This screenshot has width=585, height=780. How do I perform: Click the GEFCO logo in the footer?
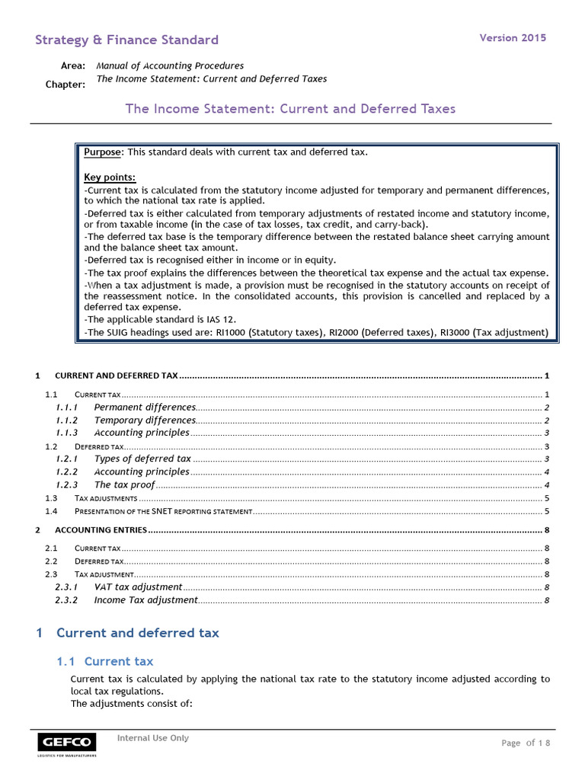[x=67, y=743]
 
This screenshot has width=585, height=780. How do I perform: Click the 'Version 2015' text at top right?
[x=512, y=38]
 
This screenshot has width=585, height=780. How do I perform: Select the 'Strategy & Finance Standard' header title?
[x=126, y=40]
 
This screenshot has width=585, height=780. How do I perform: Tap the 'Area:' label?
[x=73, y=66]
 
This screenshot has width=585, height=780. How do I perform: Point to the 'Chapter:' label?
[x=66, y=84]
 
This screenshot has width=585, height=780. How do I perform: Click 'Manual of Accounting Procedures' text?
[x=170, y=66]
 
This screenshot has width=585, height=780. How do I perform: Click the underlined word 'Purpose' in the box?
[x=102, y=152]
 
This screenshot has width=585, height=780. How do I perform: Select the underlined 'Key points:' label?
[x=109, y=178]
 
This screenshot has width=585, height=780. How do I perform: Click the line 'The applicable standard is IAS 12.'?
[x=161, y=320]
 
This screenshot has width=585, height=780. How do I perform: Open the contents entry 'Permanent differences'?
[x=145, y=408]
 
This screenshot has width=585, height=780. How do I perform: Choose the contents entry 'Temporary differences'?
[x=145, y=420]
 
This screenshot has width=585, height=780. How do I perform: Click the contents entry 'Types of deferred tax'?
[x=142, y=459]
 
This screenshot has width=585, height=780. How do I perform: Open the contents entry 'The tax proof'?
[x=124, y=484]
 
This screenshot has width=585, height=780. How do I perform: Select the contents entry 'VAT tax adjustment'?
[x=138, y=587]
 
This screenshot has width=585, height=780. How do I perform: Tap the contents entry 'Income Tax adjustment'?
[x=145, y=600]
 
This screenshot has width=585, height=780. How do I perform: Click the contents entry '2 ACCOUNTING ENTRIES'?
[x=101, y=529]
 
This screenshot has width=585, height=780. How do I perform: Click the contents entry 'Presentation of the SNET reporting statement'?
[x=163, y=510]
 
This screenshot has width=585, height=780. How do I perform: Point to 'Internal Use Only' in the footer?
[x=152, y=738]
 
